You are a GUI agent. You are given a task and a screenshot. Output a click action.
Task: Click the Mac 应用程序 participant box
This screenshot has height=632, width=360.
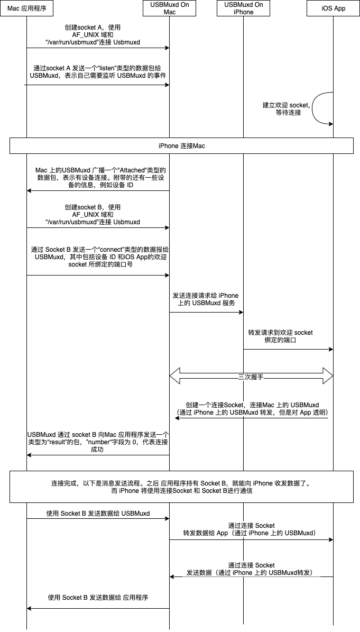pyautogui.click(x=27, y=8)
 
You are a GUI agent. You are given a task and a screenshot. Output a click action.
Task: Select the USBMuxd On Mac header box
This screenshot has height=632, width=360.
pyautogui.click(x=169, y=8)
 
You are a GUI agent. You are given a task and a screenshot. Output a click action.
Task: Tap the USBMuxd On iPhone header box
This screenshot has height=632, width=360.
pyautogui.click(x=243, y=8)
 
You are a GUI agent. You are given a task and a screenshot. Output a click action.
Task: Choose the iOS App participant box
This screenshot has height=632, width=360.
pyautogui.click(x=333, y=8)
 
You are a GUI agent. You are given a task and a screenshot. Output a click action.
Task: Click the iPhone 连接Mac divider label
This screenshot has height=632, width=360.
pyautogui.click(x=181, y=145)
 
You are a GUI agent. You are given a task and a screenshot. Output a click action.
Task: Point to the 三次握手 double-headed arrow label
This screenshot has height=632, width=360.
pyautogui.click(x=251, y=377)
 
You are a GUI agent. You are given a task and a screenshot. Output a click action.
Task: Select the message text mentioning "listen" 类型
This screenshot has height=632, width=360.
pyautogui.click(x=98, y=72)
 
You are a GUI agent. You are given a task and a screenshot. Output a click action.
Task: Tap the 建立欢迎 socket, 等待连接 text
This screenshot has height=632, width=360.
pyautogui.click(x=287, y=109)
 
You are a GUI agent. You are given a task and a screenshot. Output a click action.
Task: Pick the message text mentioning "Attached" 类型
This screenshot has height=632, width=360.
pyautogui.click(x=98, y=178)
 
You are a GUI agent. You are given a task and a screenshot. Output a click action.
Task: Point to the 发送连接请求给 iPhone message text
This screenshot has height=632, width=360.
pyautogui.click(x=206, y=299)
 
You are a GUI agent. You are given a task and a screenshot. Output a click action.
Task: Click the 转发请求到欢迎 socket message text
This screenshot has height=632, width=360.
pyautogui.click(x=281, y=336)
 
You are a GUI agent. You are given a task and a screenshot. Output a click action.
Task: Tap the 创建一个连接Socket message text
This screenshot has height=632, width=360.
pyautogui.click(x=252, y=408)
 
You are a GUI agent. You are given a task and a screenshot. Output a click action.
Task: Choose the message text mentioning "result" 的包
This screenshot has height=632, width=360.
pyautogui.click(x=97, y=442)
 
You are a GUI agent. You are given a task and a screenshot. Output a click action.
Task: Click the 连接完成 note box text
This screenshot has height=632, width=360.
pyautogui.click(x=181, y=487)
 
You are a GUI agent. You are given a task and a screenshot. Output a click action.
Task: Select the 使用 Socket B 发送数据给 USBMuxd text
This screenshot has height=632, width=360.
pyautogui.click(x=98, y=513)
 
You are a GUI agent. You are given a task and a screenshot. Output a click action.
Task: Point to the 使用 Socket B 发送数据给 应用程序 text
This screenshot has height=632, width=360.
pyautogui.click(x=98, y=598)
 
